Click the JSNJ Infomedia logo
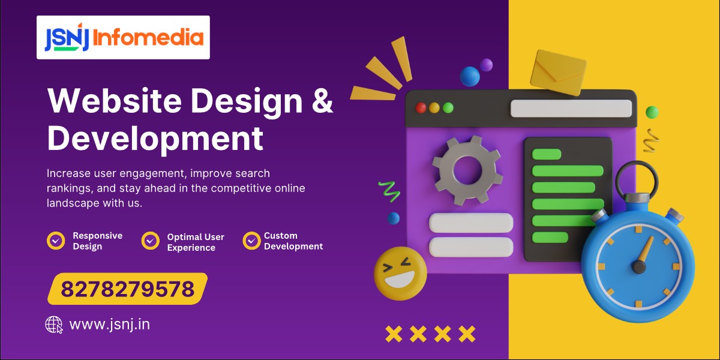click(123, 37)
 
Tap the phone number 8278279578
click(128, 289)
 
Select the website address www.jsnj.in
click(109, 325)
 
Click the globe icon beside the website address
click(54, 325)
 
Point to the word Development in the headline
click(155, 137)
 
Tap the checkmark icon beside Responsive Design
click(56, 241)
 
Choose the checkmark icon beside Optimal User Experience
click(150, 241)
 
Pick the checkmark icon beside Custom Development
click(251, 241)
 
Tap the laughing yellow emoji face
click(400, 273)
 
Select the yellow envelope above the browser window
click(558, 72)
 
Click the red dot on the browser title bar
click(421, 108)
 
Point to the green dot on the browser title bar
click(448, 108)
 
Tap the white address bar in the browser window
click(571, 109)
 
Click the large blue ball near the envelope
click(470, 76)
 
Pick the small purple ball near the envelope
click(486, 64)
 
